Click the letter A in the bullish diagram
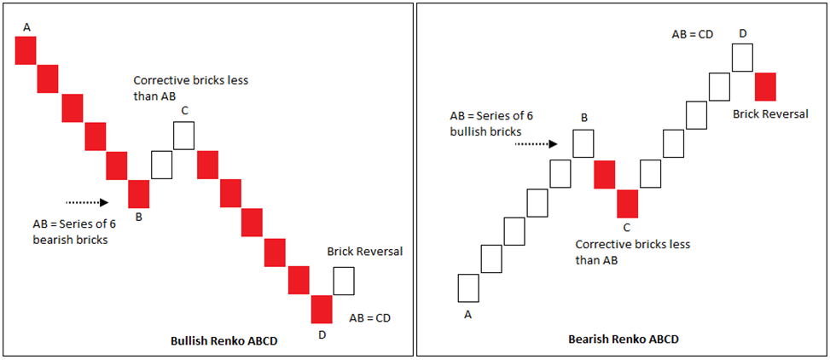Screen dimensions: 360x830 (x=26, y=28)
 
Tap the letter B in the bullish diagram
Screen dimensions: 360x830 (x=138, y=218)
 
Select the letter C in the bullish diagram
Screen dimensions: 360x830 (x=184, y=109)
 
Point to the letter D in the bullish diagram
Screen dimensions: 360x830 (x=322, y=334)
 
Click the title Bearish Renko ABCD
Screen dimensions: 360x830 (x=624, y=339)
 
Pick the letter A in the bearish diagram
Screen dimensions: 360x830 (x=467, y=314)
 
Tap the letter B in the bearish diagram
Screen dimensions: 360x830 (x=583, y=119)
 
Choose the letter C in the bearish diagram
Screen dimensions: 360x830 (x=627, y=227)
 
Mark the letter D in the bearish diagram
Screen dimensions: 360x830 (x=743, y=33)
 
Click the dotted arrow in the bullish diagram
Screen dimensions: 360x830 (x=86, y=202)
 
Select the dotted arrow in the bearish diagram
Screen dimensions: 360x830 (x=536, y=144)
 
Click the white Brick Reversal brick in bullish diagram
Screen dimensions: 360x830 (x=344, y=281)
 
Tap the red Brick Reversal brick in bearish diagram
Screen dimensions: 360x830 (x=765, y=86)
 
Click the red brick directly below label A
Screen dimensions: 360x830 (x=26, y=51)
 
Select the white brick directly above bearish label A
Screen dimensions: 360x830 (x=468, y=287)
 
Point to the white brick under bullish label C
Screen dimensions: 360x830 (x=184, y=135)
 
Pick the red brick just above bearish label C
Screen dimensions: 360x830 (x=628, y=203)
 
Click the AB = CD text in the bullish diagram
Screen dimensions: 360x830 (x=371, y=317)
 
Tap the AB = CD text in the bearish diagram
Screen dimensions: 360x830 (x=692, y=34)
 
